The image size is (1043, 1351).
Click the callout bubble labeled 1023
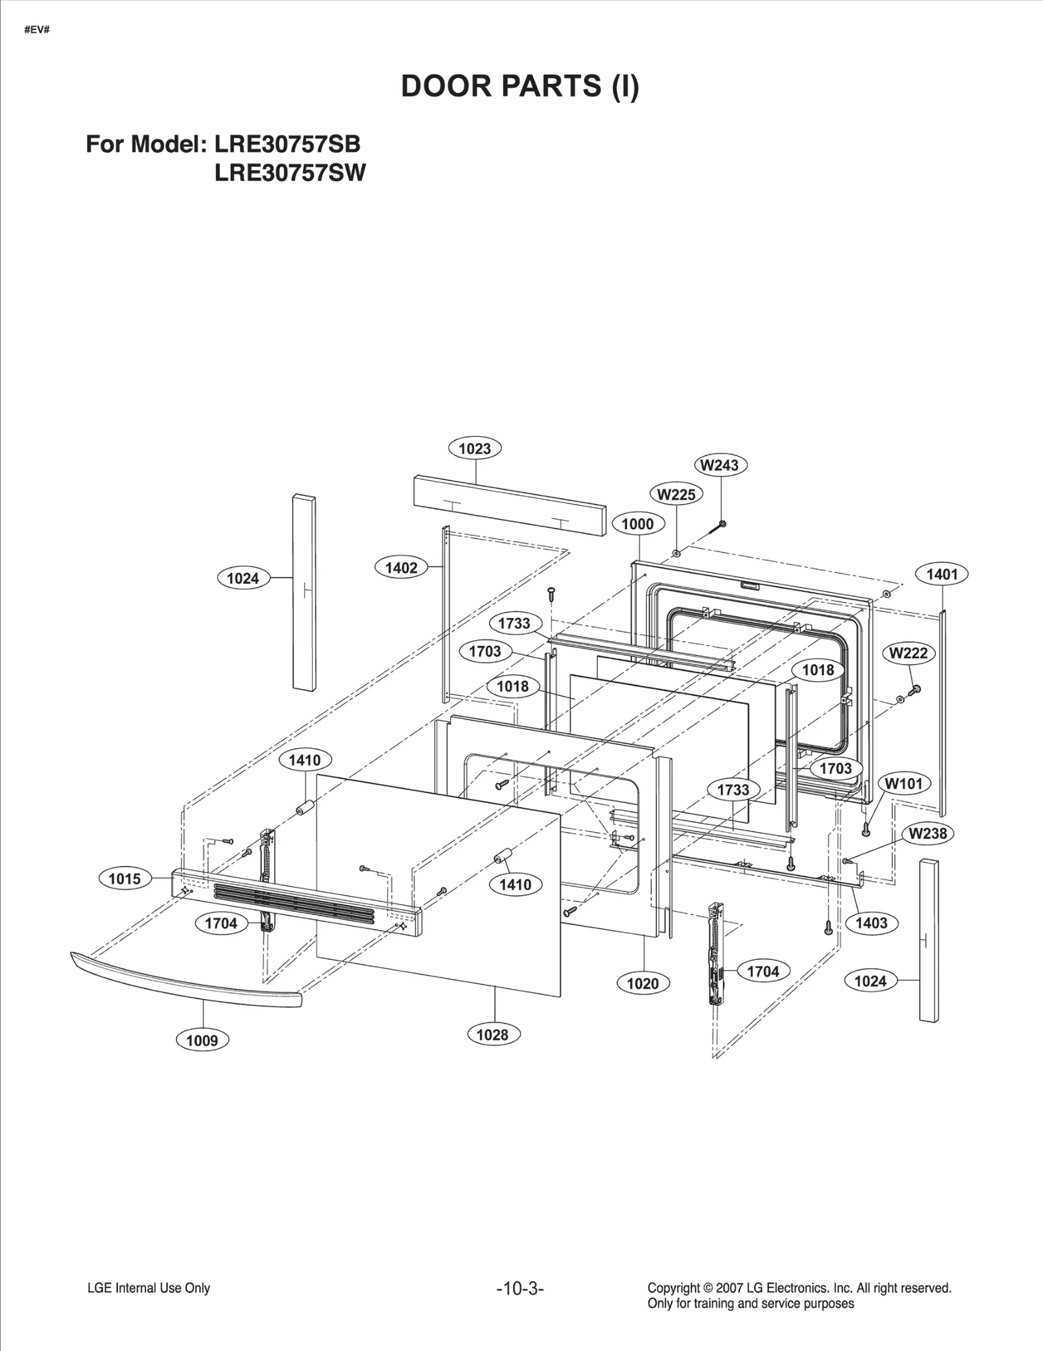click(475, 448)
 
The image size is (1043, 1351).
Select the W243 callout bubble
click(720, 465)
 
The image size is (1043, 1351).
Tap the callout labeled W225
click(676, 495)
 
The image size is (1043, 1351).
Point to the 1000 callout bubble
click(637, 524)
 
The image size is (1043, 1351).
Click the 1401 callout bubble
click(942, 574)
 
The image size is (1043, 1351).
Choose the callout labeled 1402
click(401, 568)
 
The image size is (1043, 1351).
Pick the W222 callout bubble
click(908, 653)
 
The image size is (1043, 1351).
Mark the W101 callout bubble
click(903, 784)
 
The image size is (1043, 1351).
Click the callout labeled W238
click(928, 834)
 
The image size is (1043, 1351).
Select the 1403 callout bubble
click(871, 923)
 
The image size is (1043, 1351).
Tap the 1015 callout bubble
click(125, 879)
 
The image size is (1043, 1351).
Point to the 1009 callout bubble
click(202, 1040)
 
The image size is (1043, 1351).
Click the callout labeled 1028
click(492, 1034)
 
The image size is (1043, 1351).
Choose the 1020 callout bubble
click(643, 983)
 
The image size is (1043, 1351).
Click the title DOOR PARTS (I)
click(520, 86)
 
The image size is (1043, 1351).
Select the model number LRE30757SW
click(290, 173)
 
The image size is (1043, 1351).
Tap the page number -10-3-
click(520, 1288)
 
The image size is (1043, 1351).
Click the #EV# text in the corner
click(37, 31)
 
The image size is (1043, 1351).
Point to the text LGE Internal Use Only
click(149, 1288)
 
